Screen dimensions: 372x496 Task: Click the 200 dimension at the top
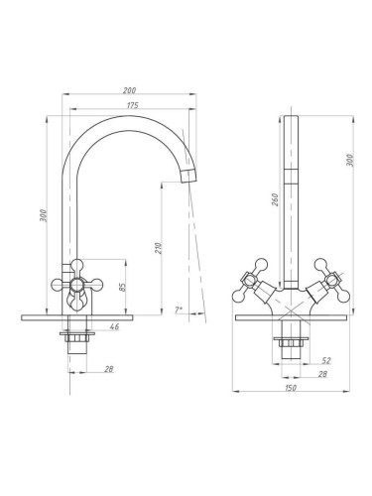[129, 90]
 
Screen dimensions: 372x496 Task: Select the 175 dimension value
[133, 105]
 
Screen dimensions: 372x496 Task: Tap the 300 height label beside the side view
[44, 215]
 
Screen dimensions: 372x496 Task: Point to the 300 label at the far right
[350, 161]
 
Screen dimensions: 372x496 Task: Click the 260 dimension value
[275, 199]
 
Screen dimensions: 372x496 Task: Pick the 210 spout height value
[158, 248]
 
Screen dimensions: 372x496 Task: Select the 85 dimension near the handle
[122, 287]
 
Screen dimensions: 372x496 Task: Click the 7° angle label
[179, 310]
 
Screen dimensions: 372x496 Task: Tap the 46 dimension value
[114, 326]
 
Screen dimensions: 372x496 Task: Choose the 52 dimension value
[326, 360]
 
